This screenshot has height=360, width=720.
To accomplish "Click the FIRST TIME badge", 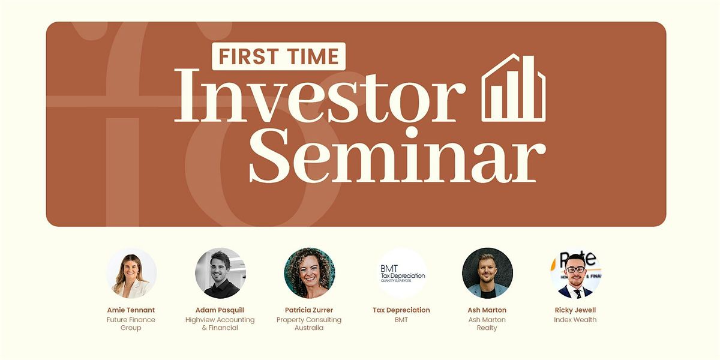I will coord(278,56).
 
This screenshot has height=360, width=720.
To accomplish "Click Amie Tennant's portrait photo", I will coord(131,273).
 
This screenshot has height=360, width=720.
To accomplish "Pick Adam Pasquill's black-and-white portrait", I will coord(220,273).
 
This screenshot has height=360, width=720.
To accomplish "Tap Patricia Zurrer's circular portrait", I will coord(309,273).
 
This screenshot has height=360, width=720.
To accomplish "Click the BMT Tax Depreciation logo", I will coord(402,273).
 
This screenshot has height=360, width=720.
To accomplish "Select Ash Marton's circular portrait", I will coord(487,273).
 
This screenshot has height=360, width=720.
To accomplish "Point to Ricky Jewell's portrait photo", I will coord(575,273).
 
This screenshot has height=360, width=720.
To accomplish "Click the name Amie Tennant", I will coord(131,310).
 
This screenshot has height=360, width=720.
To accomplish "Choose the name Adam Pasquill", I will coord(220,310).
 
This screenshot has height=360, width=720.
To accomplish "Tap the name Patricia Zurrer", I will coord(309,310).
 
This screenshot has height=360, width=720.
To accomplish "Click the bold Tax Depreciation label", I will coord(401,310).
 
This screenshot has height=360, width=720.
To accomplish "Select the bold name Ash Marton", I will coord(487,310).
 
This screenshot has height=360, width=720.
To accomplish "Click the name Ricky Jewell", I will coord(575,310).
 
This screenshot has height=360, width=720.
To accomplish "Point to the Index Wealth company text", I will coord(575,320).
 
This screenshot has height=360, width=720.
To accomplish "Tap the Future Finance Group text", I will coord(131,324).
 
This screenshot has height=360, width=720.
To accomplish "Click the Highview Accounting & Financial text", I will coord(220,324).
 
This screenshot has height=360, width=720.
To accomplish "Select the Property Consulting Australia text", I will coord(309,324).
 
